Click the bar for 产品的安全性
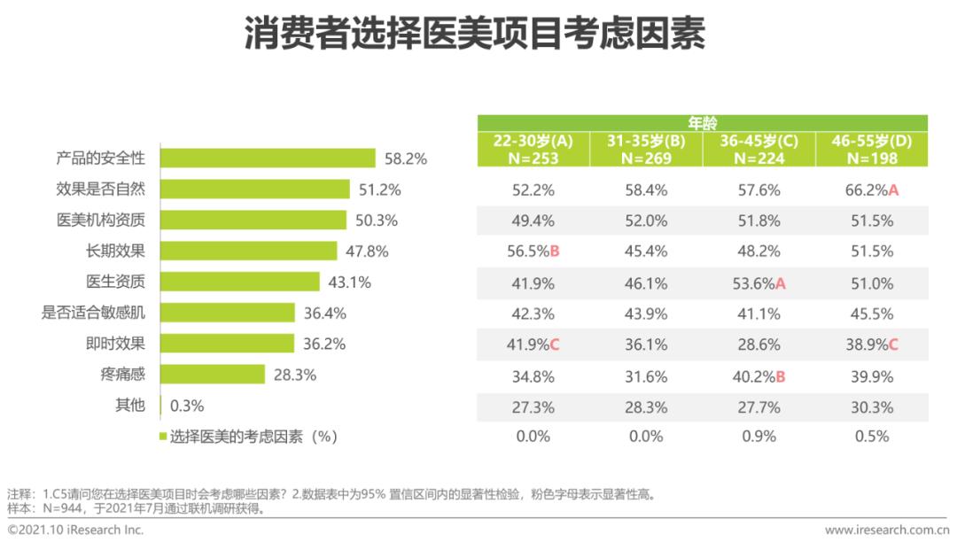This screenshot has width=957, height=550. (267, 159)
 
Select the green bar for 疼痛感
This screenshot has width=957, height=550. (212, 375)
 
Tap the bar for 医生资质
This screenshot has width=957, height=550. (239, 283)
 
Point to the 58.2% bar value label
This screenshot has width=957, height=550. (406, 159)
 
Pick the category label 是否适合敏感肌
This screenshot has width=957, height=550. (93, 313)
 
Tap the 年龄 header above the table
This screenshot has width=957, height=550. (703, 123)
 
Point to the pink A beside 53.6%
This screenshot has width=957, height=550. (781, 283)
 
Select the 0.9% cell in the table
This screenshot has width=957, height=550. (758, 436)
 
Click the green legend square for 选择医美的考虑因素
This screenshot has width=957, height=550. (163, 436)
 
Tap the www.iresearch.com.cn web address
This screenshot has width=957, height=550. (886, 531)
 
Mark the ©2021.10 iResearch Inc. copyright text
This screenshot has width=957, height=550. (75, 531)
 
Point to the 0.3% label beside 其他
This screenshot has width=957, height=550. (186, 406)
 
